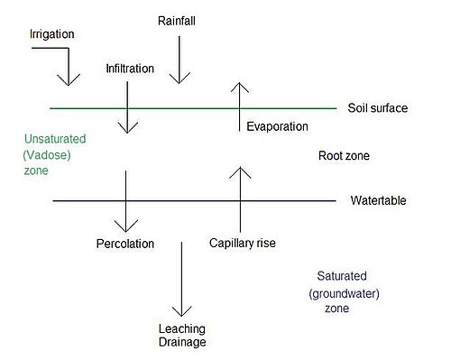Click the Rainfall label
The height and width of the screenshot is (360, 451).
pyautogui.click(x=177, y=21)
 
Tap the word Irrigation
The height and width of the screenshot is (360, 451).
pyautogui.click(x=51, y=34)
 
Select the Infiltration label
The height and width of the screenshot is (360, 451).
pyautogui.click(x=130, y=69)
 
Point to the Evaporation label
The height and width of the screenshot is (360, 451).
pyautogui.click(x=277, y=126)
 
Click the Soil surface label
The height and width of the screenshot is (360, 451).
pyautogui.click(x=378, y=108)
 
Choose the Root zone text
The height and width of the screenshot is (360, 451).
pyautogui.click(x=344, y=155)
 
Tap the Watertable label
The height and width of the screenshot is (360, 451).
pyautogui.click(x=378, y=200)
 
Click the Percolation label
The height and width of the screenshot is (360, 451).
pyautogui.click(x=125, y=244)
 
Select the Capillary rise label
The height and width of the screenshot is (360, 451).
pyautogui.click(x=243, y=243)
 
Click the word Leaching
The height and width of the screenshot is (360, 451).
pyautogui.click(x=182, y=329)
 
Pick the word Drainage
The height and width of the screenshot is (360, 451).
pyautogui.click(x=182, y=342)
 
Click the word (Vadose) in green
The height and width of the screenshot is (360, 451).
pyautogui.click(x=47, y=155)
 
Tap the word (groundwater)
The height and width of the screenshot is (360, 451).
pyautogui.click(x=344, y=293)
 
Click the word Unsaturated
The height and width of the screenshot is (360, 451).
pyautogui.click(x=55, y=139)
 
